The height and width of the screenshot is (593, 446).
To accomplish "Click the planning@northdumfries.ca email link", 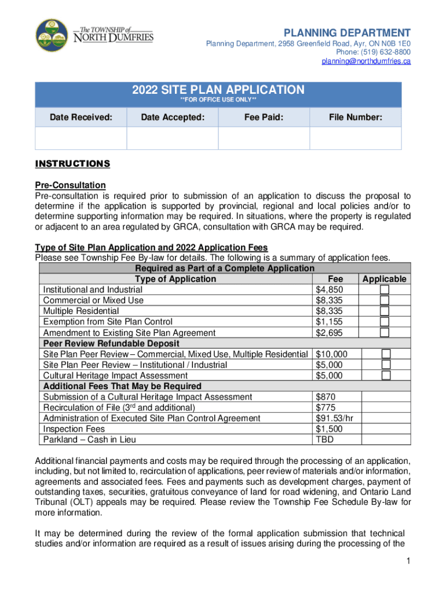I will click(x=366, y=61).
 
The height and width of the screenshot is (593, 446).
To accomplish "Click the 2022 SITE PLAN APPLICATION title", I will click(x=218, y=90).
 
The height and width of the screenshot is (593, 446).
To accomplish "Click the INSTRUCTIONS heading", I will click(x=72, y=164).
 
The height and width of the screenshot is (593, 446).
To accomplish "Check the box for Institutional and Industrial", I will click(x=385, y=290).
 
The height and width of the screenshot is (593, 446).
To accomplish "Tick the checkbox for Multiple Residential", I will click(x=385, y=311).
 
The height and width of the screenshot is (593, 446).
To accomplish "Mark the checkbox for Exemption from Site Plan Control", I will click(x=385, y=321).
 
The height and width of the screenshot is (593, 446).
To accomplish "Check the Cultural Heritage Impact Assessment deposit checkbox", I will click(x=386, y=375).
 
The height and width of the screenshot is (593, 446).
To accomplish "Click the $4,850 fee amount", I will click(x=330, y=290).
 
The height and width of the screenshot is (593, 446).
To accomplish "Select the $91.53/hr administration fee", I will click(x=335, y=418).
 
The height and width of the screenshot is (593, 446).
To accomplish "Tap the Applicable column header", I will click(x=385, y=279).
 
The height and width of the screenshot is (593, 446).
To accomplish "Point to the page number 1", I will click(x=408, y=561).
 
